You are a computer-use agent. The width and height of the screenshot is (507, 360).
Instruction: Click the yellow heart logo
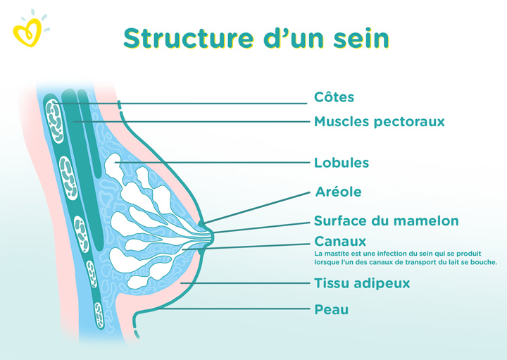(27, 32)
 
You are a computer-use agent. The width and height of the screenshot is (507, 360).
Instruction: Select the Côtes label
(334, 97)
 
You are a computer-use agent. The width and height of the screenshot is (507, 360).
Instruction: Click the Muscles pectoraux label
(380, 122)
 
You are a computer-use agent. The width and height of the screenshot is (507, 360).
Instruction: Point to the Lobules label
(342, 162)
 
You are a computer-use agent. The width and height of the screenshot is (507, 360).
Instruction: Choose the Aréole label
(338, 192)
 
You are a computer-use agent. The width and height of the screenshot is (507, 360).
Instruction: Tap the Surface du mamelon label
(387, 221)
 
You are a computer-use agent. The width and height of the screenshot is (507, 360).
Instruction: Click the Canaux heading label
(340, 242)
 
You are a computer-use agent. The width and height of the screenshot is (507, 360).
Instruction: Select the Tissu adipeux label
(362, 283)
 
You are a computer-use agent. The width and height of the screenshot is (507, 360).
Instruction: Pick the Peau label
(332, 309)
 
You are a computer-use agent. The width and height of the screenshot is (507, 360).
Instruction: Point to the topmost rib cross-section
(54, 121)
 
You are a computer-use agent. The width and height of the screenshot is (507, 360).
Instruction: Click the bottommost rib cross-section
(99, 315)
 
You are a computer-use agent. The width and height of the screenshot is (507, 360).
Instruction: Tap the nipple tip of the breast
(212, 237)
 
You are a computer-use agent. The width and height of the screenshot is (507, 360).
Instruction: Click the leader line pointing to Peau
(234, 309)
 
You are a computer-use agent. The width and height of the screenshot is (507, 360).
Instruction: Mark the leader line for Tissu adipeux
(245, 283)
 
